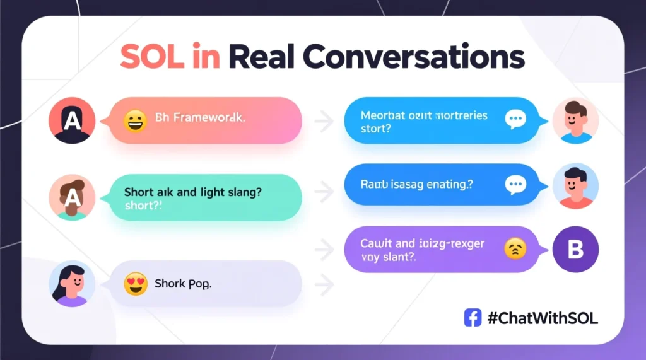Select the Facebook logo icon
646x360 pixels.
pos(473,318)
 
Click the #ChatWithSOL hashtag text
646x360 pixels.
pos(543,318)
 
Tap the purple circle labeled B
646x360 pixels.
pos(575,250)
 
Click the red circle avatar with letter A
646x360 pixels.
pos(72,120)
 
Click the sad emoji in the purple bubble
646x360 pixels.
pos(515,250)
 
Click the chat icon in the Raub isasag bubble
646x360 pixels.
pos(515,184)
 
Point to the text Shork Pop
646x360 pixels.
pos(183,284)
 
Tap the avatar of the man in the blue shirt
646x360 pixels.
pos(575,120)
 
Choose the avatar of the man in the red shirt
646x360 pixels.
pos(575,185)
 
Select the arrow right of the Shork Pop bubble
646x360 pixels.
pos(324,285)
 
